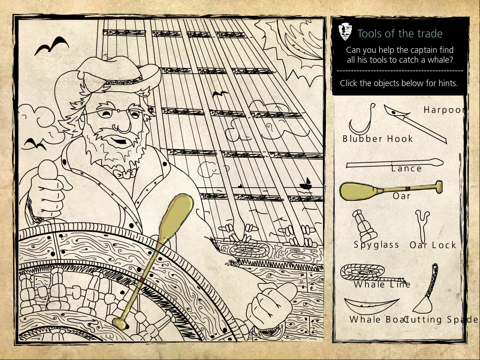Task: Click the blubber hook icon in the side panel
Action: (x=362, y=121)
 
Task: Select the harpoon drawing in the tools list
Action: (x=414, y=124)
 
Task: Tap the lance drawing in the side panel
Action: (x=394, y=164)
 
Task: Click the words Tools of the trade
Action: (x=400, y=34)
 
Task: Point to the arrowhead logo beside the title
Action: (x=346, y=32)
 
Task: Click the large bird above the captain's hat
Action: (x=52, y=46)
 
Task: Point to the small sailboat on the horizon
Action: (x=307, y=184)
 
